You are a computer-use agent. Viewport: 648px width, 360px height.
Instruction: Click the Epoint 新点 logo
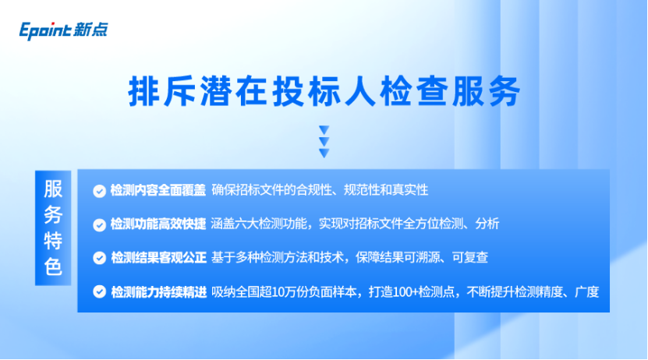point(63,30)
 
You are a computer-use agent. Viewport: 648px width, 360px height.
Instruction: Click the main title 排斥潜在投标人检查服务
point(324,91)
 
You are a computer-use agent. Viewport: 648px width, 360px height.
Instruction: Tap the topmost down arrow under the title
point(324,130)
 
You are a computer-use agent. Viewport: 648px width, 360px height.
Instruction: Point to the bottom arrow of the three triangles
point(324,154)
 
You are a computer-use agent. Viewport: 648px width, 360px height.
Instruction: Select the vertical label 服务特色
point(53,228)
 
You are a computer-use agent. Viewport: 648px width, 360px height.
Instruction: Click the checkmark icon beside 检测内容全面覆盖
point(99,191)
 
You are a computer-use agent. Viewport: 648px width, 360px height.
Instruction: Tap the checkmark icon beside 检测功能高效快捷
point(99,224)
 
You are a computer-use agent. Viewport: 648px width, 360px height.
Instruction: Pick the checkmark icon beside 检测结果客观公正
point(99,258)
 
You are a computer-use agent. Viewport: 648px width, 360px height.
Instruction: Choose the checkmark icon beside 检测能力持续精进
point(99,292)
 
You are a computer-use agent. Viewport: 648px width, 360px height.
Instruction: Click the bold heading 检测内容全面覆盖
point(158,190)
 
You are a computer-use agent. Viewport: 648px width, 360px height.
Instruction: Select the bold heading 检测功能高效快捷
point(158,224)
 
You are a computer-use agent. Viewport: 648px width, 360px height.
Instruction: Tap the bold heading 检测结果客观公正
point(159,258)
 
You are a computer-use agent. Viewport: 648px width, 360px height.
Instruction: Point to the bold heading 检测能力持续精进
point(159,292)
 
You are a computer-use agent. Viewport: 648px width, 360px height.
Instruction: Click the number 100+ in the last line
point(405,292)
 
